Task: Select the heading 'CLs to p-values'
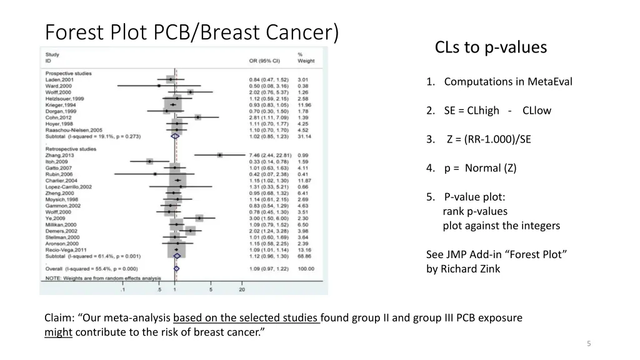coord(491,47)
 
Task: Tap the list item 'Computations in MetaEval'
coord(507,82)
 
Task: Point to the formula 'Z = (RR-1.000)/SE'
coord(488,139)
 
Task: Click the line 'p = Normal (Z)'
coord(480,168)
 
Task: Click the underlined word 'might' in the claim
coord(59,332)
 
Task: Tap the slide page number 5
coord(589,343)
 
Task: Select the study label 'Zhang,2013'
coord(59,155)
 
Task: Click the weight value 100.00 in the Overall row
coord(306,269)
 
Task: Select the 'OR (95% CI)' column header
coord(264,61)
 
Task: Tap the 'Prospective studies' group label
coord(68,74)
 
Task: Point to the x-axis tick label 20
coord(242,289)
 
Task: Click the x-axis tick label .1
coord(122,289)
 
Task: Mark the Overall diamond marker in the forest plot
coord(176,269)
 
